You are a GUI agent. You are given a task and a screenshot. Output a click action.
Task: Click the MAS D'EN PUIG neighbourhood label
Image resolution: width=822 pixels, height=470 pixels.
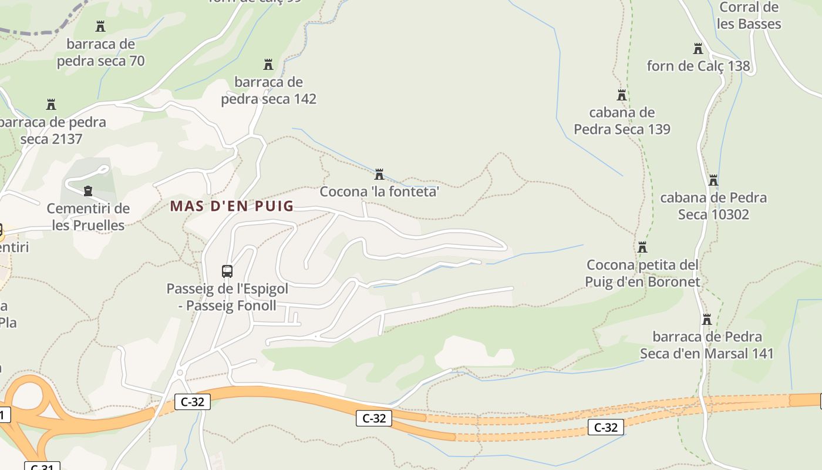[231, 206]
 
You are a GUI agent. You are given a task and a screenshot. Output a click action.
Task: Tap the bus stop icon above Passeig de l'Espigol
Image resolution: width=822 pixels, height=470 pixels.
[227, 271]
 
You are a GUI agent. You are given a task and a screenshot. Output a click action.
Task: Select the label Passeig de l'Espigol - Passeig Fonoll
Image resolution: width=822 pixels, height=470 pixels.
[227, 297]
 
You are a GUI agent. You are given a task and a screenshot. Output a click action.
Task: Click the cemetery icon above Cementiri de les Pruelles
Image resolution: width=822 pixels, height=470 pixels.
[88, 190]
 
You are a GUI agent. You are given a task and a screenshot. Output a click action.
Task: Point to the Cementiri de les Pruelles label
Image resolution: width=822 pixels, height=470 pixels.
[88, 217]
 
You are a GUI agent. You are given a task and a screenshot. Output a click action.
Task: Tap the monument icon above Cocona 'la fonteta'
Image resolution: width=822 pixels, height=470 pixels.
[379, 174]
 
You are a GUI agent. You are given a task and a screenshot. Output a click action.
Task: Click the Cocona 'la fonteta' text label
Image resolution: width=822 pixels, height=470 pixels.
[379, 192]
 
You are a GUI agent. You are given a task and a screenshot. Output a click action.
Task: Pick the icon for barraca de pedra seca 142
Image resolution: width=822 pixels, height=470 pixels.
[268, 64]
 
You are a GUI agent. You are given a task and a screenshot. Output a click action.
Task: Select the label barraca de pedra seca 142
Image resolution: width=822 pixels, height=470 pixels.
[268, 90]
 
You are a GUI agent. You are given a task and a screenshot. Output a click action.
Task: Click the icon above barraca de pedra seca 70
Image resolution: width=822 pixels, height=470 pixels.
[100, 26]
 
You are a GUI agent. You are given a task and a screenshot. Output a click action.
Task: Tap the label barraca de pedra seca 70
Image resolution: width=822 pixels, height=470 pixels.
[100, 52]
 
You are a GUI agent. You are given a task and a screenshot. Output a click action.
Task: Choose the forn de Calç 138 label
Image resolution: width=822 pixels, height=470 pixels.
[698, 66]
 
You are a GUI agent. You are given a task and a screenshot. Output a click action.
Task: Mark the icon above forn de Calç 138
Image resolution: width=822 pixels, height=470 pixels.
[698, 49]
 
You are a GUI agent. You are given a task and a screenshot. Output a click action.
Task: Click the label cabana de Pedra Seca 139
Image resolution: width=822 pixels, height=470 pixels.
[622, 120]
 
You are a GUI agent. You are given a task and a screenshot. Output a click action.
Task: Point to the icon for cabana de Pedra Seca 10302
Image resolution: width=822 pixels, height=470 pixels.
[713, 180]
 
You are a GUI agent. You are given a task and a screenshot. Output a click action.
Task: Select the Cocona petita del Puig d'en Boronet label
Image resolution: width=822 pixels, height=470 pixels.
[642, 273]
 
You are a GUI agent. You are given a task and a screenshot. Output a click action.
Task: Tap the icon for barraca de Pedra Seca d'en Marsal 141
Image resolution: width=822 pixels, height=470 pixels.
[707, 320]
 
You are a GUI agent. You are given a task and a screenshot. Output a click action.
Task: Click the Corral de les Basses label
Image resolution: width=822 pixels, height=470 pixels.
[749, 16]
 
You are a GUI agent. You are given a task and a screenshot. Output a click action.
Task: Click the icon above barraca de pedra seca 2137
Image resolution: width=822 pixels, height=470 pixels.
[51, 105]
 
